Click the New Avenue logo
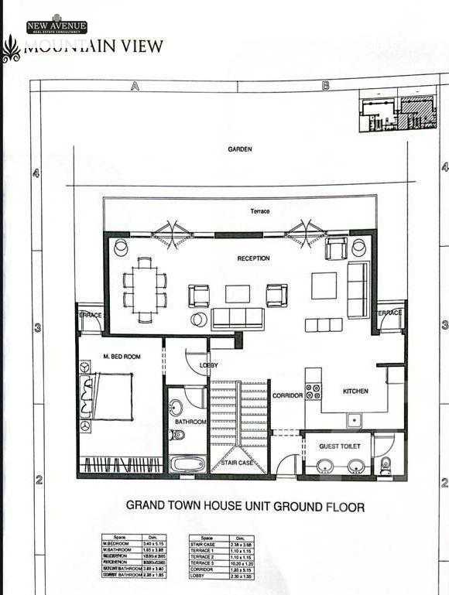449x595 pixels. click(x=57, y=26)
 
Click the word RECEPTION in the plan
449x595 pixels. click(x=253, y=258)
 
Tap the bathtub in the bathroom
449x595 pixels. click(x=188, y=464)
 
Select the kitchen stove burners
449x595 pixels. click(x=314, y=391)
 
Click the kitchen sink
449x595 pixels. click(x=356, y=420)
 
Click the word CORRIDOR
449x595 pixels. click(x=287, y=396)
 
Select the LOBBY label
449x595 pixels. click(x=208, y=364)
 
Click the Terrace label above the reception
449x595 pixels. click(x=259, y=211)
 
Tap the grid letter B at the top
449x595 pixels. click(x=326, y=87)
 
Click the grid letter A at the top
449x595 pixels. click(x=135, y=87)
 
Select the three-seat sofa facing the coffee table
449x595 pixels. click(x=238, y=317)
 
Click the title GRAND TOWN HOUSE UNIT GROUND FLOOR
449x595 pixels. click(x=245, y=507)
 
